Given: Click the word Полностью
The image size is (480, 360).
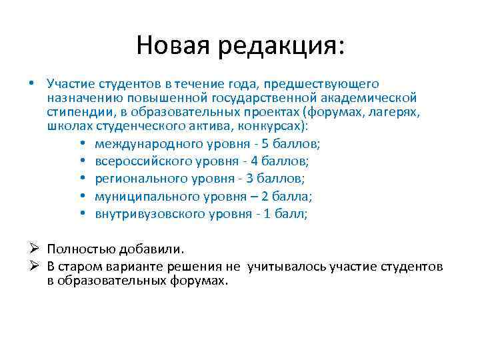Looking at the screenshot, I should coord(82,249).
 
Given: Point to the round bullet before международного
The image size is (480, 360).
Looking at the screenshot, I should coord(81,143).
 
